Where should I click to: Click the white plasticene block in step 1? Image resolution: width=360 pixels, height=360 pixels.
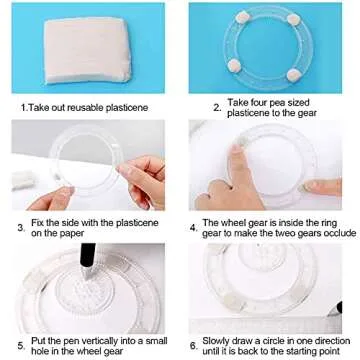pos(88,50)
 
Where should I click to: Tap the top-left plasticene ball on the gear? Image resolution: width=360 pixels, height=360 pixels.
pos(242,17)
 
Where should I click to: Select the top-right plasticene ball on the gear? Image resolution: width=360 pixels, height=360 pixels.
pos(294,19)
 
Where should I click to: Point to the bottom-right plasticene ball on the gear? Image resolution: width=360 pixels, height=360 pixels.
pos(294,75)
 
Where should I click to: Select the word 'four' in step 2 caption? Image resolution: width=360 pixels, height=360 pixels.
pos(260,102)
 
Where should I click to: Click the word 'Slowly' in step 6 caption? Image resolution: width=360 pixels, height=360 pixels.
pos(217,341)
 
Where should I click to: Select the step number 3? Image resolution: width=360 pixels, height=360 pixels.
pos(21,228)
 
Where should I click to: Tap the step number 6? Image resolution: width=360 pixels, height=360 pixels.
pos(193,346)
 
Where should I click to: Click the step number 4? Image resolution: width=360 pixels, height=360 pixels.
pos(193,228)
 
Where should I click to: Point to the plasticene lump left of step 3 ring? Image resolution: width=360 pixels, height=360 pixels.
pos(23,179)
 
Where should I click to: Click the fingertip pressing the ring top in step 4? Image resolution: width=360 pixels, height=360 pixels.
pos(237,148)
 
